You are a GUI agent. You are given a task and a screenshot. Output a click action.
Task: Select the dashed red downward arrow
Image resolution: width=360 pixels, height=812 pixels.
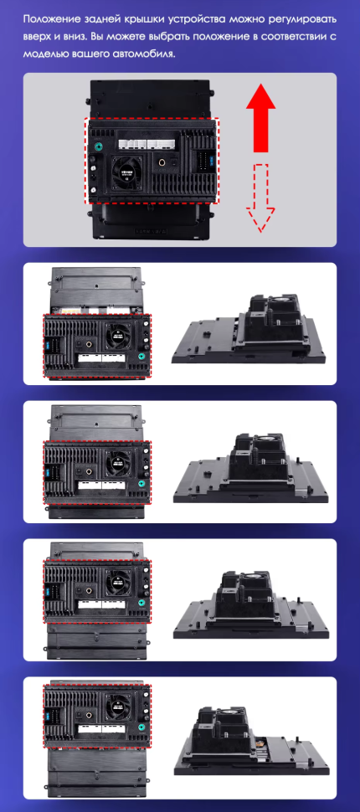click(x=260, y=198)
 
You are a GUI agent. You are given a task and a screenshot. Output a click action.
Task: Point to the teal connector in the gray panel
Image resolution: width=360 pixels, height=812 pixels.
click(x=95, y=146)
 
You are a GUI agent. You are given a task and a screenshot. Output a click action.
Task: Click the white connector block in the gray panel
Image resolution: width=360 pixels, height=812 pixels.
click(x=147, y=141)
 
